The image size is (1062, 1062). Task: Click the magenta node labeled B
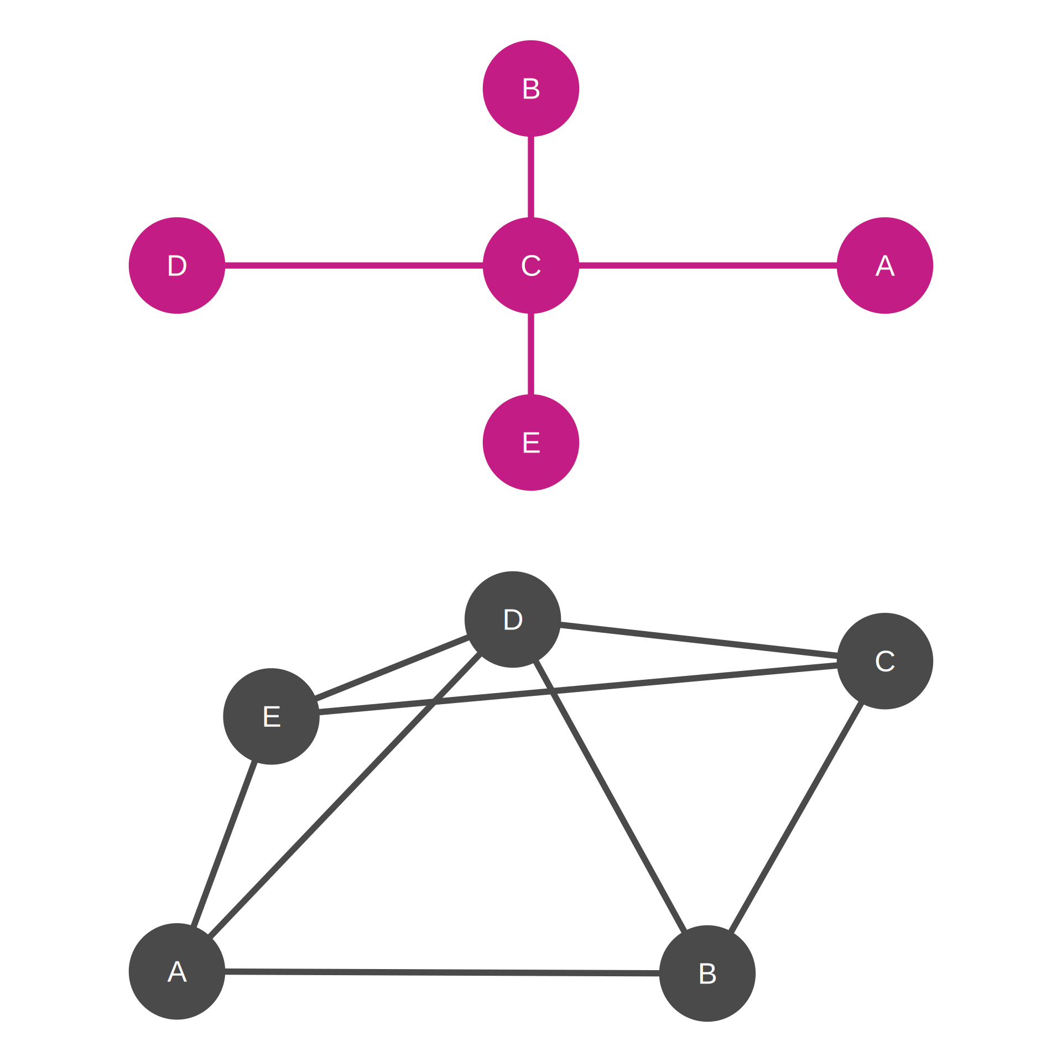coord(531,88)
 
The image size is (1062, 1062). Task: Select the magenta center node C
coord(531,265)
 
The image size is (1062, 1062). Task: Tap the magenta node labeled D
coord(177,265)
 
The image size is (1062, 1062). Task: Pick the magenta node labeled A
coord(885,265)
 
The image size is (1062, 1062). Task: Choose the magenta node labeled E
coord(531,442)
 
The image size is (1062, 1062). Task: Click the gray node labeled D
coord(513,619)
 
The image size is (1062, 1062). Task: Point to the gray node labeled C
coord(885,661)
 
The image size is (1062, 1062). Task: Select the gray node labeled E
coord(271,716)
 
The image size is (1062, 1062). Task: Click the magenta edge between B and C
coord(531,177)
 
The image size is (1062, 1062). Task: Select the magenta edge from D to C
coord(354,265)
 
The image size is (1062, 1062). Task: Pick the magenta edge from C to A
coord(708,265)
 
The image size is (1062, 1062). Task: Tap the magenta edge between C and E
coord(531,354)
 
